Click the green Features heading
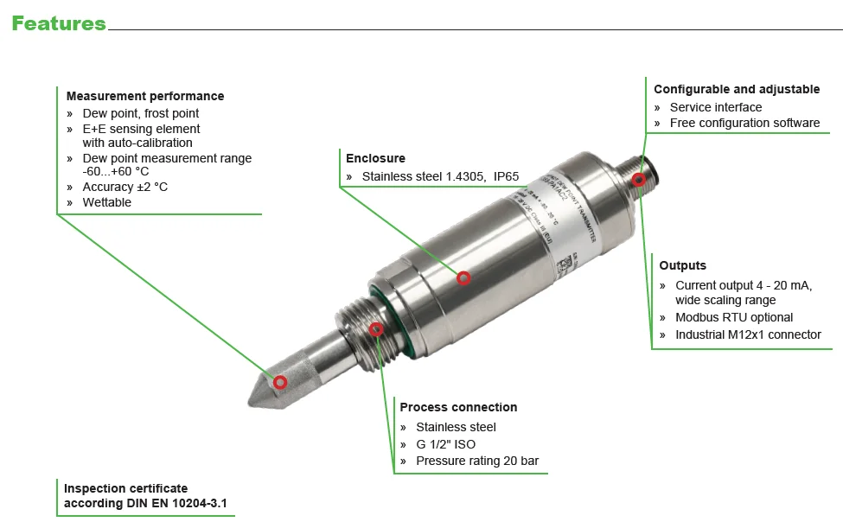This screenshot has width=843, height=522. point(59,23)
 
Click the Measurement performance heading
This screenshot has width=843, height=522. point(144,96)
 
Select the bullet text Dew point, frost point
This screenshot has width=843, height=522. point(140,113)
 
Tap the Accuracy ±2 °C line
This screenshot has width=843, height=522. point(125,187)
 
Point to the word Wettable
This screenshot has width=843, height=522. point(107,202)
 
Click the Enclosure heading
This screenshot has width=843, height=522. point(375,158)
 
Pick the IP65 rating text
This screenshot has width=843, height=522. point(507,176)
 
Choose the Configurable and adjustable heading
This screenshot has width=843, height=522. point(737,89)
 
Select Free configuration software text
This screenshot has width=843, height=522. point(744,123)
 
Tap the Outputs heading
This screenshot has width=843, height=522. point(682,265)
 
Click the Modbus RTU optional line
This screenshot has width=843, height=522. point(734,317)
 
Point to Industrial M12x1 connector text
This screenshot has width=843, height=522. point(748,334)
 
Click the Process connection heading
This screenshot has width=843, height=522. point(458,407)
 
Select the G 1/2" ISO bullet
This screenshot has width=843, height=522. point(445,444)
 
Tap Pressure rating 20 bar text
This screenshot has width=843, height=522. point(477,461)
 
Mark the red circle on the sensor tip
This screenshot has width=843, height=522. point(280,382)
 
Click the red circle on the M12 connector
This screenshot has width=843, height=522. point(638,180)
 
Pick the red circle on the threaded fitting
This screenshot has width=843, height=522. point(376,329)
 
